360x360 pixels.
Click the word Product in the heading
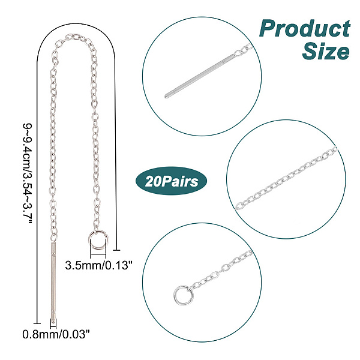[x=305, y=28]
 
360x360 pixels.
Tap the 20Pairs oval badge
[x=172, y=181]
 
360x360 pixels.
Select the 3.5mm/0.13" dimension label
[x=99, y=265]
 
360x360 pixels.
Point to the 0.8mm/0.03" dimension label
[x=56, y=334]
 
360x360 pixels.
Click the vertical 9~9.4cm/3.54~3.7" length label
[x=28, y=173]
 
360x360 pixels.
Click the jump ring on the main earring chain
[x=98, y=240]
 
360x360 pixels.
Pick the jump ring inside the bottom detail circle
[x=183, y=295]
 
